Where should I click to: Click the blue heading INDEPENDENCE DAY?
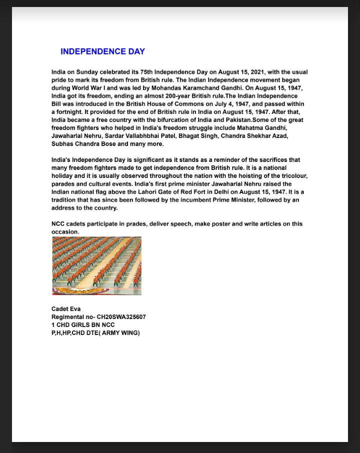pyautogui.click(x=102, y=51)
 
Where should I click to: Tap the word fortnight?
pyautogui.click(x=70, y=112)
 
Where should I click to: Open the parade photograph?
pyautogui.click(x=96, y=266)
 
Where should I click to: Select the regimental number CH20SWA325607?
pyautogui.click(x=118, y=317)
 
